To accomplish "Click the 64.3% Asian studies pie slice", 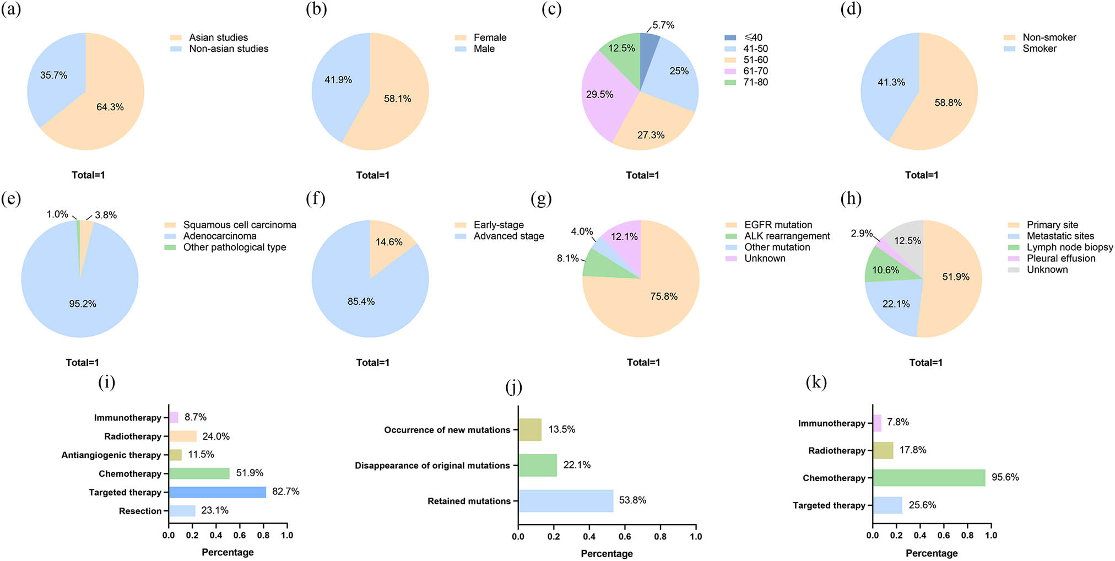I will (110, 116).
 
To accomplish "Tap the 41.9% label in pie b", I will (338, 80).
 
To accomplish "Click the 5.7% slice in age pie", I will (648, 44).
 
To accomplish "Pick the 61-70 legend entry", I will (755, 71).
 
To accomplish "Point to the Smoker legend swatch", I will (1009, 49).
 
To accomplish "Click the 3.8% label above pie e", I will (106, 215).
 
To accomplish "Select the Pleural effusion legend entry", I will (1060, 258).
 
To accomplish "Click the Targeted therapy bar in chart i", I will (217, 492).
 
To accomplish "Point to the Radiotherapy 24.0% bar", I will (182, 436).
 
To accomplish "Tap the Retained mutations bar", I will (565, 501).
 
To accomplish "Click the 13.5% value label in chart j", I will (561, 429).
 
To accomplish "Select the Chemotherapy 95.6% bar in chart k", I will (929, 478).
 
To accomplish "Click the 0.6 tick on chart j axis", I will (625, 536).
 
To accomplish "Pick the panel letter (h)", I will (851, 198).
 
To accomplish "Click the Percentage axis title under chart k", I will (931, 553).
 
